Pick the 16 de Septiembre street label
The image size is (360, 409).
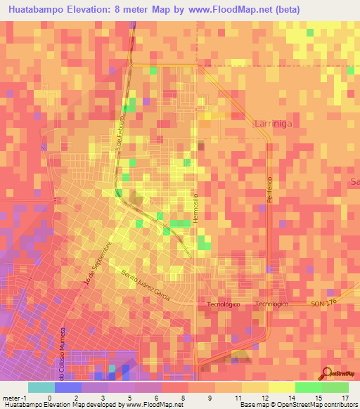pos(97,264)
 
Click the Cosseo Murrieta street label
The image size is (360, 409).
pos(63,351)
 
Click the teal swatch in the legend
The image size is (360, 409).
pos(41,387)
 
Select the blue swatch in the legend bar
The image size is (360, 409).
pos(68,387)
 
